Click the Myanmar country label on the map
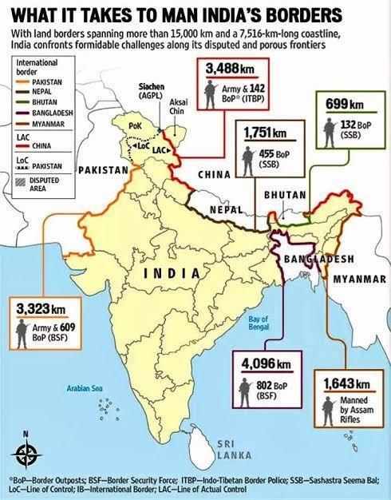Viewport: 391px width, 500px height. pyautogui.click(x=361, y=279)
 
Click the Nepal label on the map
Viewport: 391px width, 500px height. pyautogui.click(x=225, y=209)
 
